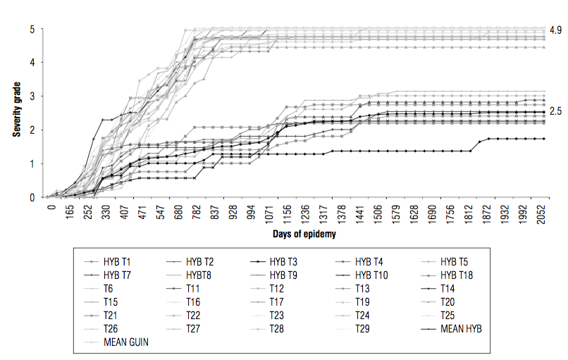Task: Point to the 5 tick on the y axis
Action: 32,29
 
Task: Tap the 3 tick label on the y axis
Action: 32,96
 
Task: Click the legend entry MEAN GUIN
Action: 128,342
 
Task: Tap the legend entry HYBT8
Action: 202,275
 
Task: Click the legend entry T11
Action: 195,288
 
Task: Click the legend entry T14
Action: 449,288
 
